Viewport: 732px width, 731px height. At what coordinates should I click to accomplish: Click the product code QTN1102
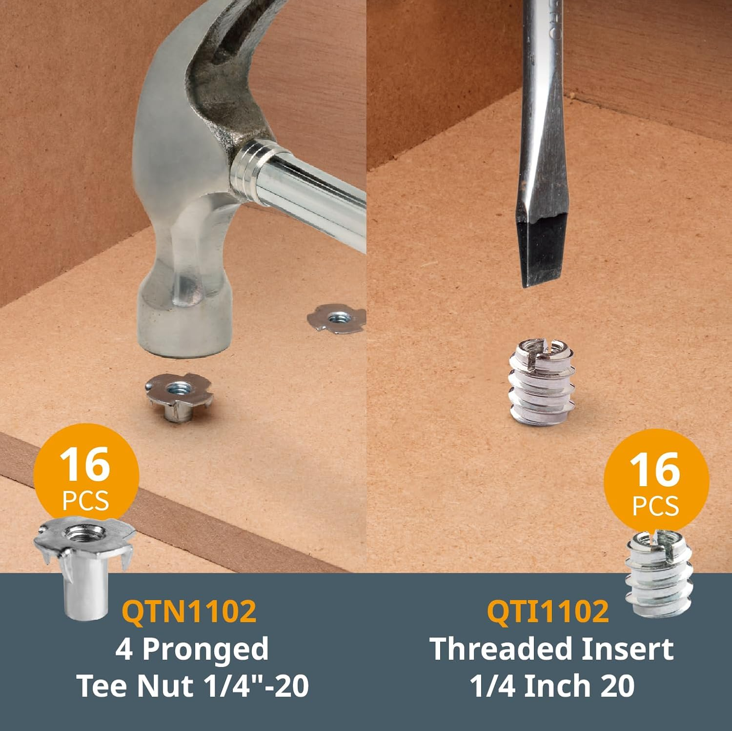coord(189,611)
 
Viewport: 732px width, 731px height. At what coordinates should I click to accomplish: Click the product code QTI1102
coord(548,611)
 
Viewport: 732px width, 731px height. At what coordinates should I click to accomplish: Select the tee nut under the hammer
coord(179,396)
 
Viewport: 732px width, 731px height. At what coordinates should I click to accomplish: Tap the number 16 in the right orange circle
coord(655,469)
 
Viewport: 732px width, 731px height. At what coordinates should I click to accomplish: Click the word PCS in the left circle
coord(85,501)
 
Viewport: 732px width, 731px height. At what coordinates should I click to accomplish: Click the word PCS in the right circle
coord(655,506)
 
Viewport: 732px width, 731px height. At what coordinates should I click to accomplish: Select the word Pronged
coord(205,649)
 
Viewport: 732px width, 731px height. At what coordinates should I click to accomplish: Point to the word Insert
coord(633,649)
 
